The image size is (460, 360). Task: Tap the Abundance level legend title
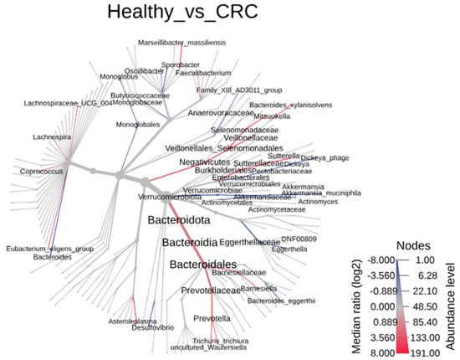coord(452,306)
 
